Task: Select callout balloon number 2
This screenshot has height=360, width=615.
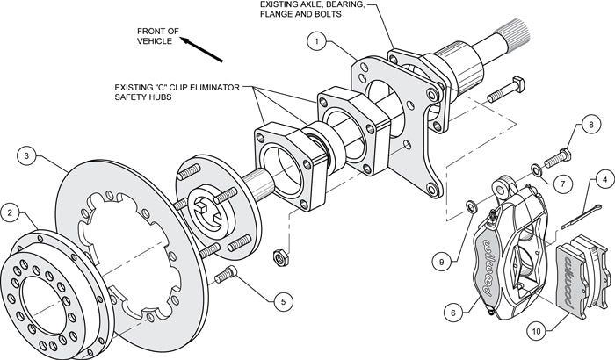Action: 11,211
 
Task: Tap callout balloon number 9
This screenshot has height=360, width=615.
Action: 443,260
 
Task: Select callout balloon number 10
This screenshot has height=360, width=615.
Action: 537,331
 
